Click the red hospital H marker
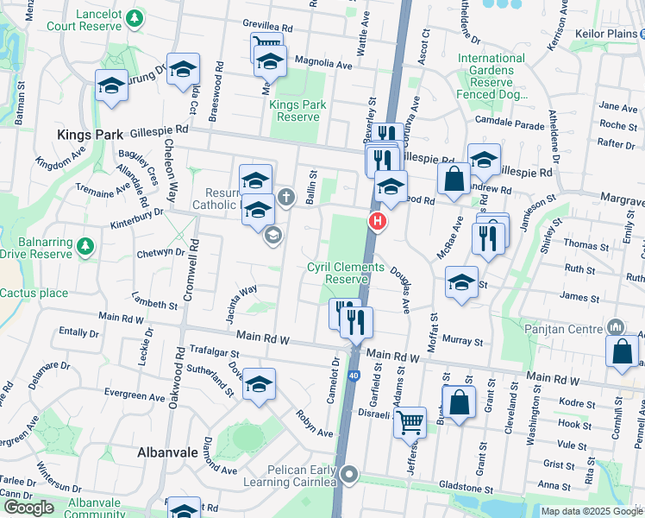pyautogui.click(x=377, y=222)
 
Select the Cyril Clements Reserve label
pyautogui.click(x=346, y=273)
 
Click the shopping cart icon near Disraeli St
pyautogui.click(x=411, y=422)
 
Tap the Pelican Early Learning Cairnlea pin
pyautogui.click(x=349, y=474)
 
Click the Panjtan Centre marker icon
pyautogui.click(x=616, y=327)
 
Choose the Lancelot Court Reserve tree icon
pyautogui.click(x=134, y=17)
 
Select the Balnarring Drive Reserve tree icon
pyautogui.click(x=85, y=247)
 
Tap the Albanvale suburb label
pyautogui.click(x=168, y=452)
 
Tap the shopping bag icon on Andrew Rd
pyautogui.click(x=453, y=179)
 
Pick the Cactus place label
pyautogui.click(x=34, y=293)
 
